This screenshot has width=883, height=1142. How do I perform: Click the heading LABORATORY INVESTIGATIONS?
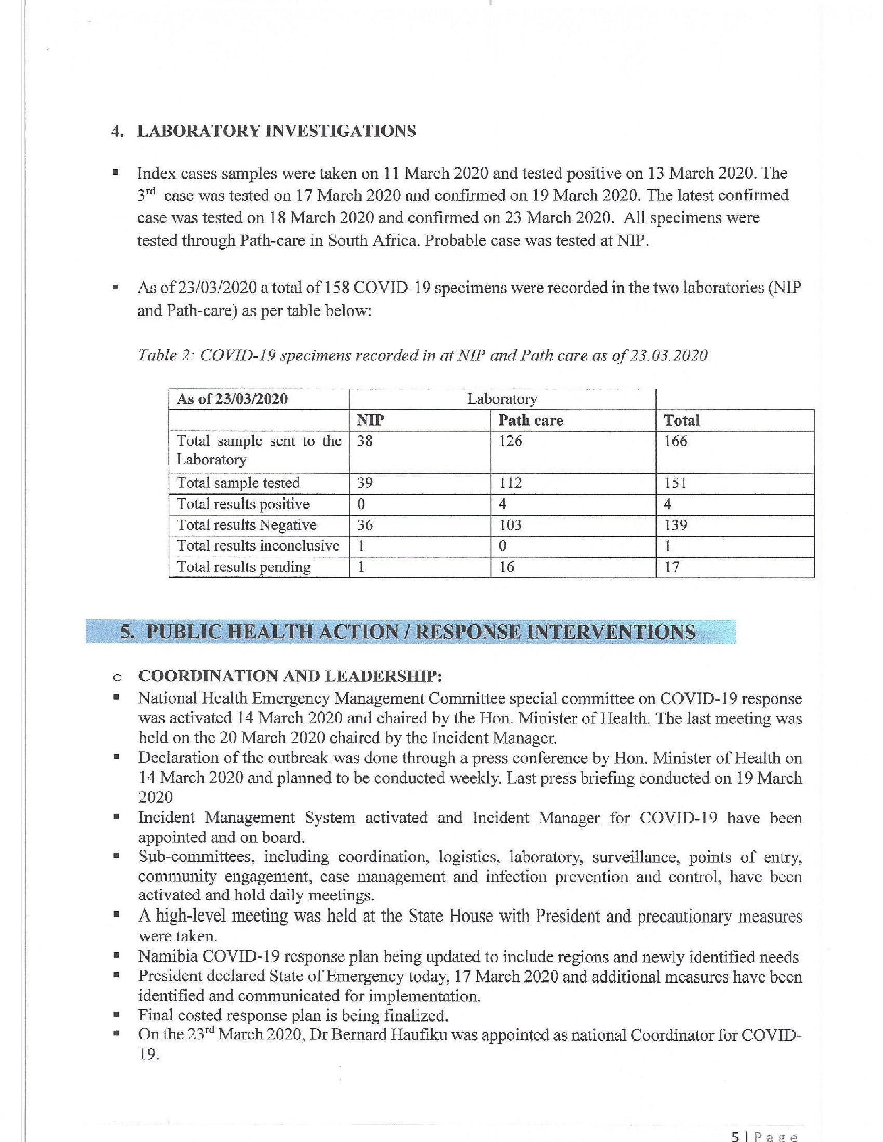coord(276,131)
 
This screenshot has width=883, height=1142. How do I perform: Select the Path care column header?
coord(531,420)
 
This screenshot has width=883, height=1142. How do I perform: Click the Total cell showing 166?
coord(675,441)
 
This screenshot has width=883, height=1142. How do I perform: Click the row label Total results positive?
coord(243,504)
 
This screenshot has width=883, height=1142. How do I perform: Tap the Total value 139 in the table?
coord(675,525)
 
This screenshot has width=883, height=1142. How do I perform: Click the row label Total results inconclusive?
coord(258,546)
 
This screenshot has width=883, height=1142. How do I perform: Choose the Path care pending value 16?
coord(507,567)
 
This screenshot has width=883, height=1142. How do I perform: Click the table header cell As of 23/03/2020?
coord(232,399)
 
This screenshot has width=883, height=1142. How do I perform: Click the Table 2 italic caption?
coord(422,355)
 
